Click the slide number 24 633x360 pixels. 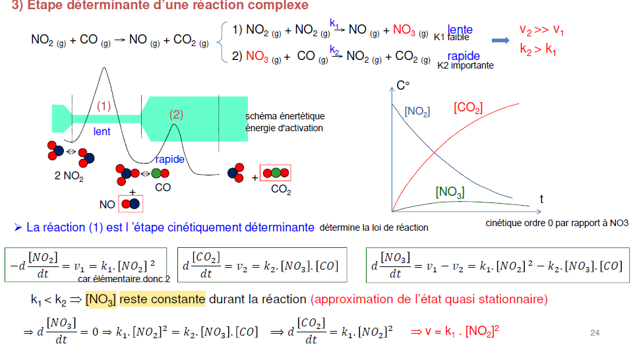pos(595,333)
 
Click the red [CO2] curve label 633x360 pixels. pos(468,107)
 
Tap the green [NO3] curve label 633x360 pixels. pos(450,193)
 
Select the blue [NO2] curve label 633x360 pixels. pos(417,111)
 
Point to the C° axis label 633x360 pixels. pos(403,86)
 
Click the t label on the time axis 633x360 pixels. pos(541,198)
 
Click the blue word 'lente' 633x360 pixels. pos(460,30)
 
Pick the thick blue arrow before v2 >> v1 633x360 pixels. pos(502,40)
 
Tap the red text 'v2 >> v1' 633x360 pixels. pos(541,30)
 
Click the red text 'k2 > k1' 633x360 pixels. pos(537,49)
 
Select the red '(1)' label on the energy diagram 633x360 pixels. pos(104,105)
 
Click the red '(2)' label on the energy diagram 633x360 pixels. pos(176,114)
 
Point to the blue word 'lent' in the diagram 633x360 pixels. pos(102,132)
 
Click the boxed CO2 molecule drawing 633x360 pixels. pos(276,173)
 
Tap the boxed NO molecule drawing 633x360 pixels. pos(131,204)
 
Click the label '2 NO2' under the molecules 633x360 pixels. pos(69,177)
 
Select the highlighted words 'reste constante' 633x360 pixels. pos(162,299)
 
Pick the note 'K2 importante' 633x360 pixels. pos(466,66)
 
